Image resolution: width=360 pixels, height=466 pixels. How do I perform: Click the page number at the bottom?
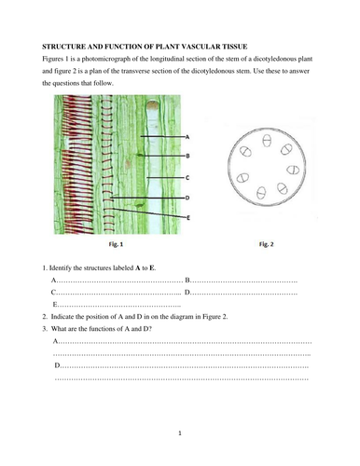[x=179, y=434]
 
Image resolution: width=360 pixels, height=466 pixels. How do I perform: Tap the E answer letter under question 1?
[x=56, y=304]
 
